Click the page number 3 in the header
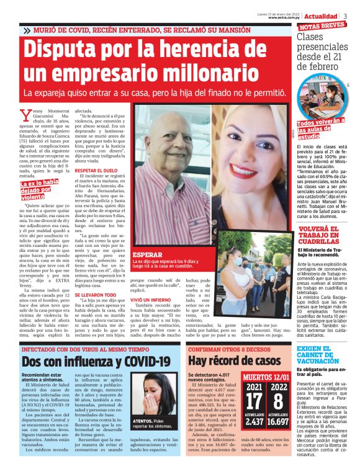tap(345, 16)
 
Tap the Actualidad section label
tap(322, 16)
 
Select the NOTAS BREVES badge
tap(322, 27)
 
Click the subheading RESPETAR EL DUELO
tap(94, 169)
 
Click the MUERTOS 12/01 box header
tap(266, 377)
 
